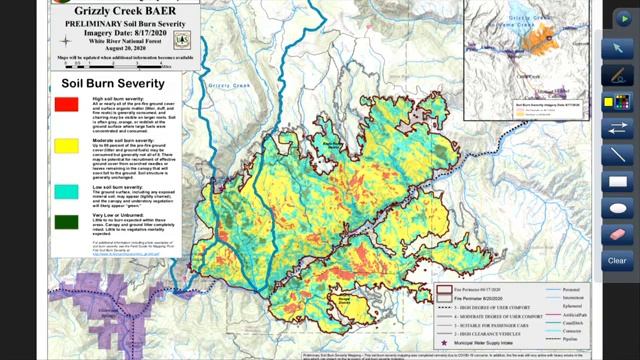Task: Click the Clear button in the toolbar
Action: [617, 261]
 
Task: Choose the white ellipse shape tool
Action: [617, 208]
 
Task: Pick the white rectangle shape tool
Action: [617, 182]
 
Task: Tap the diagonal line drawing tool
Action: [617, 155]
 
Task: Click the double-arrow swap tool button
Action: [617, 128]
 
